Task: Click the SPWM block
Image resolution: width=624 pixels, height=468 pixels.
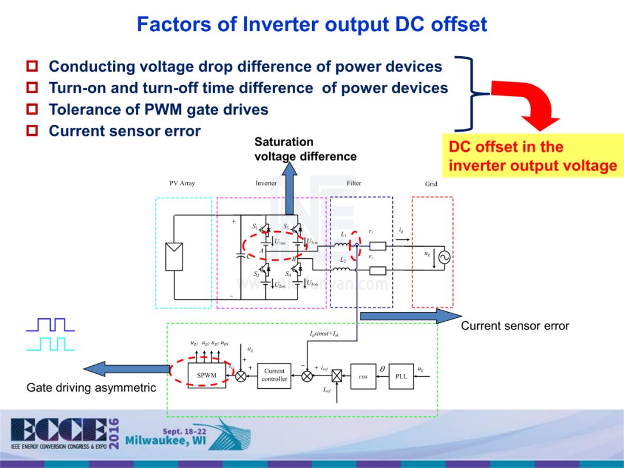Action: click(x=206, y=376)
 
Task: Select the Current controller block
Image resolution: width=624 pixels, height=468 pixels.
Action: click(x=274, y=375)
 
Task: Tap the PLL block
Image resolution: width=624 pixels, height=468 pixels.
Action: click(x=401, y=376)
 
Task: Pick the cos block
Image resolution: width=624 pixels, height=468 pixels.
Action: click(x=363, y=376)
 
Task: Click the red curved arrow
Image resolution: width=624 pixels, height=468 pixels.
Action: click(x=529, y=104)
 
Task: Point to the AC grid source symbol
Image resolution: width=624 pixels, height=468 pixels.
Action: click(x=444, y=258)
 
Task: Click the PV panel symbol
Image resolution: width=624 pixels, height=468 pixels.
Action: click(x=174, y=257)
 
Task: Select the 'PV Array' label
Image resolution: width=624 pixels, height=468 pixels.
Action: click(x=182, y=183)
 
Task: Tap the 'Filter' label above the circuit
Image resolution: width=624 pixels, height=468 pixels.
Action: click(x=354, y=183)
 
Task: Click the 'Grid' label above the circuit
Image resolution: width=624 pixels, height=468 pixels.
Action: click(x=431, y=184)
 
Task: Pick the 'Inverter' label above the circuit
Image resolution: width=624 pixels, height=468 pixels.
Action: click(x=266, y=183)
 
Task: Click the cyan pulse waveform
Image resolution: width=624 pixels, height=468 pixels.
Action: click(x=51, y=344)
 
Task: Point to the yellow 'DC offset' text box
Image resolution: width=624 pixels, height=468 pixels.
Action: click(x=533, y=156)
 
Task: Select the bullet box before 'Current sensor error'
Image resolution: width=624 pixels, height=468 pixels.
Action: click(x=33, y=131)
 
